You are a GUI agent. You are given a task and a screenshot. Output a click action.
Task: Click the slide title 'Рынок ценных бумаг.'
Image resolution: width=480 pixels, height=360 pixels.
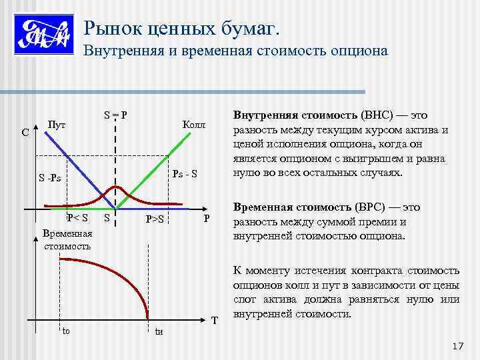(x=182, y=29)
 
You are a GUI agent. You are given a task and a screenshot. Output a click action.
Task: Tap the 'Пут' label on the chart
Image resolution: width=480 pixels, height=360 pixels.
(x=56, y=125)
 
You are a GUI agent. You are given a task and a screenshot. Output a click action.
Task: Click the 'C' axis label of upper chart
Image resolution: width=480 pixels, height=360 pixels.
(x=25, y=133)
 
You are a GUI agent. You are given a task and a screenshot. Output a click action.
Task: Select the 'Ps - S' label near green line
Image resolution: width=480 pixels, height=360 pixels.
(x=185, y=175)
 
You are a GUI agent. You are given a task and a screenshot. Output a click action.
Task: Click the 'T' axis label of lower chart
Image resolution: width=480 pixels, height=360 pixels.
(x=214, y=321)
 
